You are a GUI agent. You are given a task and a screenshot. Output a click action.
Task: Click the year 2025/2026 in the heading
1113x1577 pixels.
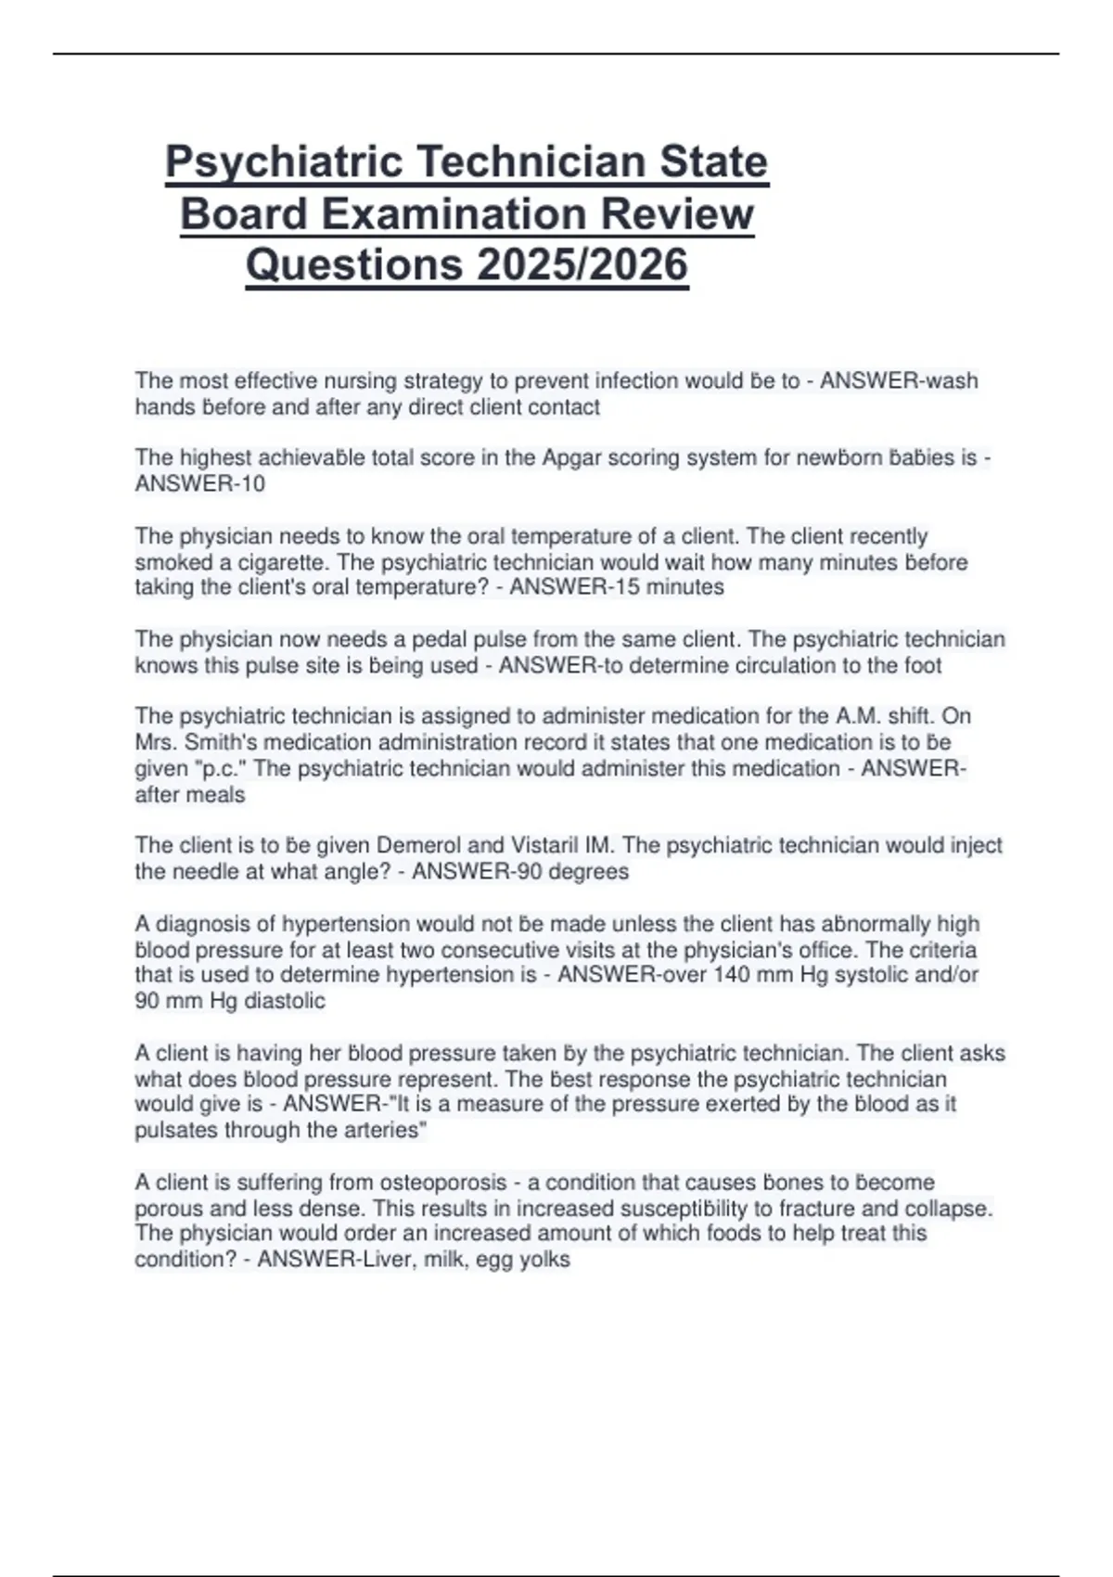pos(582,264)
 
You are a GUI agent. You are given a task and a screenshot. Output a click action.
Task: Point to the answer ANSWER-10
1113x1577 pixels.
pos(200,483)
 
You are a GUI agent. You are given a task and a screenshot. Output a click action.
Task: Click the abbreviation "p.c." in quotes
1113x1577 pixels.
pos(213,768)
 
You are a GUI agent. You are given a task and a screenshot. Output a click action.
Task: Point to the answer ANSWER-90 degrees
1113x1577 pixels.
pos(520,871)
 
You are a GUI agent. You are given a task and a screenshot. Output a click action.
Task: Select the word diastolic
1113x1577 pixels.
pos(285,1001)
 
